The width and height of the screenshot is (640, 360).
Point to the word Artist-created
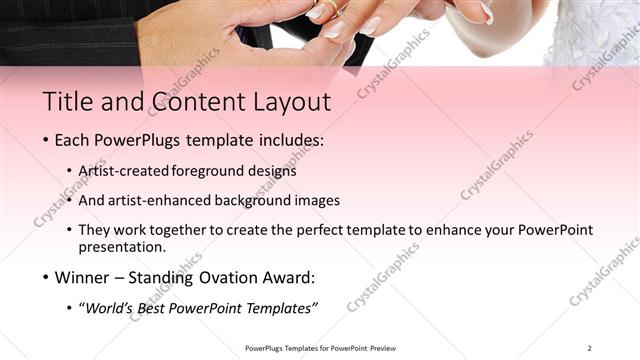[x=123, y=171]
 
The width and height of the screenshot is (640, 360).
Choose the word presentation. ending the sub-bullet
[x=122, y=247]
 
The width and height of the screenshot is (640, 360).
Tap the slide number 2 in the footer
[x=590, y=348]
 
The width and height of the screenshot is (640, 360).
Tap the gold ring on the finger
[x=327, y=8]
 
